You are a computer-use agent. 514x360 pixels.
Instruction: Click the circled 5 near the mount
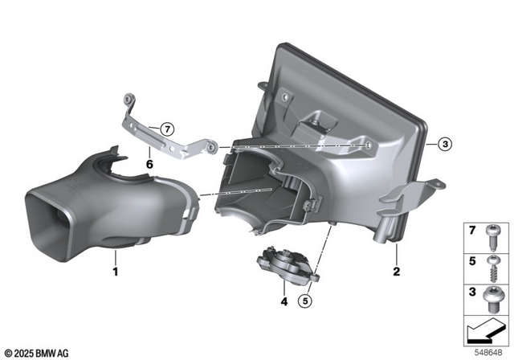point(305,301)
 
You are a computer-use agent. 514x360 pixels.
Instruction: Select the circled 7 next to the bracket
point(165,129)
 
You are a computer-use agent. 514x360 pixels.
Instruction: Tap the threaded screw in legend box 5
point(491,268)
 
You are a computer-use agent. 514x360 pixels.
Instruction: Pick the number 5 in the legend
point(472,261)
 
